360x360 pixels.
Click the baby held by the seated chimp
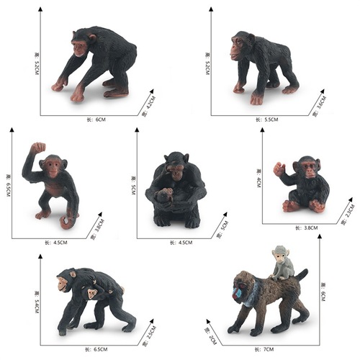coord(166,195)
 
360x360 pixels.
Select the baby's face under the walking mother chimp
coord(91,294)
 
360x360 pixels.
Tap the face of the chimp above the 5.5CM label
coord(237,48)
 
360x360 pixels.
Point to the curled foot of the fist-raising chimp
coord(67,222)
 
